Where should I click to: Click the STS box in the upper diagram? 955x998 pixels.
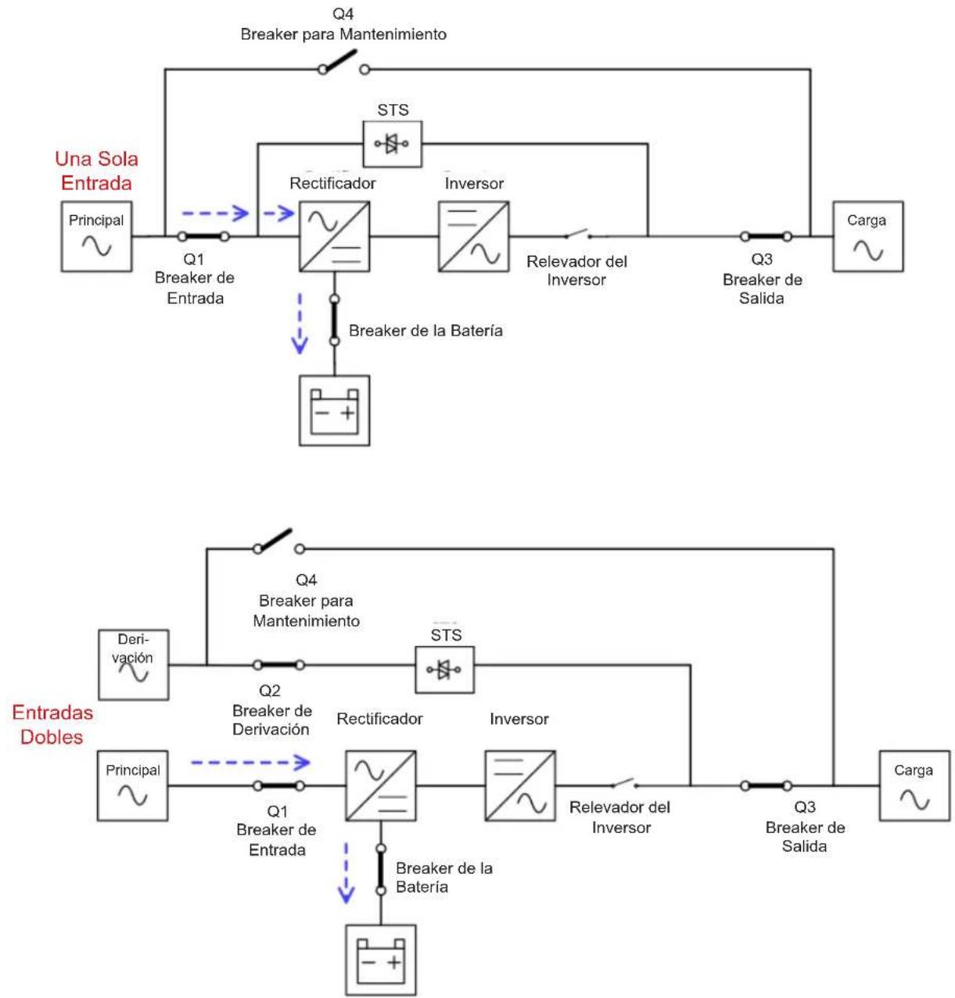coord(393,144)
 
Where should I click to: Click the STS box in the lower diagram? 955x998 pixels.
coord(445,670)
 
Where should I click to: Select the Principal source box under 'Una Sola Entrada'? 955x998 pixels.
coord(96,236)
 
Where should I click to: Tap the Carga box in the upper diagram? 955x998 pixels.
coord(868,236)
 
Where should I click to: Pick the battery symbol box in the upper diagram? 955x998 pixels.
coord(335,411)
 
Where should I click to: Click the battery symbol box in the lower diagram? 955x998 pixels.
coord(381,960)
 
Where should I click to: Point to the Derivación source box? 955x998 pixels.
coord(133,665)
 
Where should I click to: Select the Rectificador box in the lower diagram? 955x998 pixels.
coord(381,786)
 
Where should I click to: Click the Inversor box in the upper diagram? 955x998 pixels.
coord(473,236)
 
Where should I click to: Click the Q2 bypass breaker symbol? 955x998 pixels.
coord(278,665)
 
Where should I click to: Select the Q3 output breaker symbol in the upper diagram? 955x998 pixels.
coord(767,236)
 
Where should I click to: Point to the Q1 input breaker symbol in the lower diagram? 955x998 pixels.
coord(278,786)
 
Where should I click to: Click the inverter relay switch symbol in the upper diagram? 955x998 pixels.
coord(578,234)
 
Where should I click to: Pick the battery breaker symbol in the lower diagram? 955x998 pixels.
coord(381,869)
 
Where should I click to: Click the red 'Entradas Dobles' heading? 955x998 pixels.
coord(52,724)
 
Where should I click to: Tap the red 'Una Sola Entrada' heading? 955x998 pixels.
coord(96,171)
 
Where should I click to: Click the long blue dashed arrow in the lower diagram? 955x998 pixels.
coord(250,763)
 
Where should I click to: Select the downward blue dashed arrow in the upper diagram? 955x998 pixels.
coord(300,324)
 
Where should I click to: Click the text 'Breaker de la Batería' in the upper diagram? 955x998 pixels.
coord(425,330)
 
